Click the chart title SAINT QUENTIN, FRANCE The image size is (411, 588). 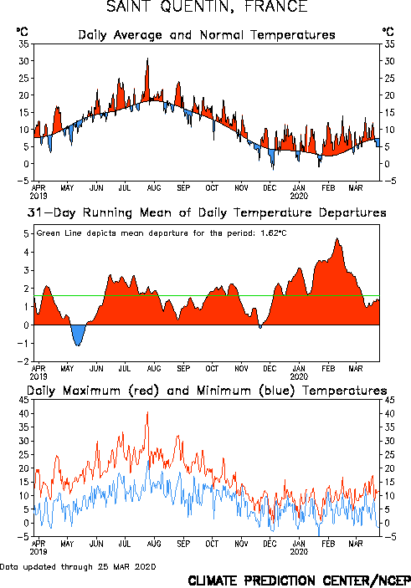tap(207, 7)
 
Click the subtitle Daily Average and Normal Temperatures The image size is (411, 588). tap(207, 35)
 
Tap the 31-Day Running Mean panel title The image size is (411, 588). tap(207, 212)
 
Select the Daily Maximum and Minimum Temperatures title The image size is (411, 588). tap(207, 391)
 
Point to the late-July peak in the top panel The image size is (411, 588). tap(147, 59)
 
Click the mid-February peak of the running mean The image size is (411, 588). tap(337, 239)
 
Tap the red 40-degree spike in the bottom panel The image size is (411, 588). tap(147, 412)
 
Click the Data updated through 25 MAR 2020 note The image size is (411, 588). tap(78, 566)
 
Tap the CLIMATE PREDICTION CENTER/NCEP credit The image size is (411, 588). tap(299, 580)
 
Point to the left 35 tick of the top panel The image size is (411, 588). tap(24, 43)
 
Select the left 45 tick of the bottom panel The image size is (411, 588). tap(24, 400)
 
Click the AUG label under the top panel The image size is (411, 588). tap(154, 188)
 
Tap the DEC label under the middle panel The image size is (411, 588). tap(270, 369)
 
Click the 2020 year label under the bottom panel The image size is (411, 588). tap(299, 552)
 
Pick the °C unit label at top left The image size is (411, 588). tap(22, 31)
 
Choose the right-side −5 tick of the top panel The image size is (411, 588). tap(390, 181)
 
